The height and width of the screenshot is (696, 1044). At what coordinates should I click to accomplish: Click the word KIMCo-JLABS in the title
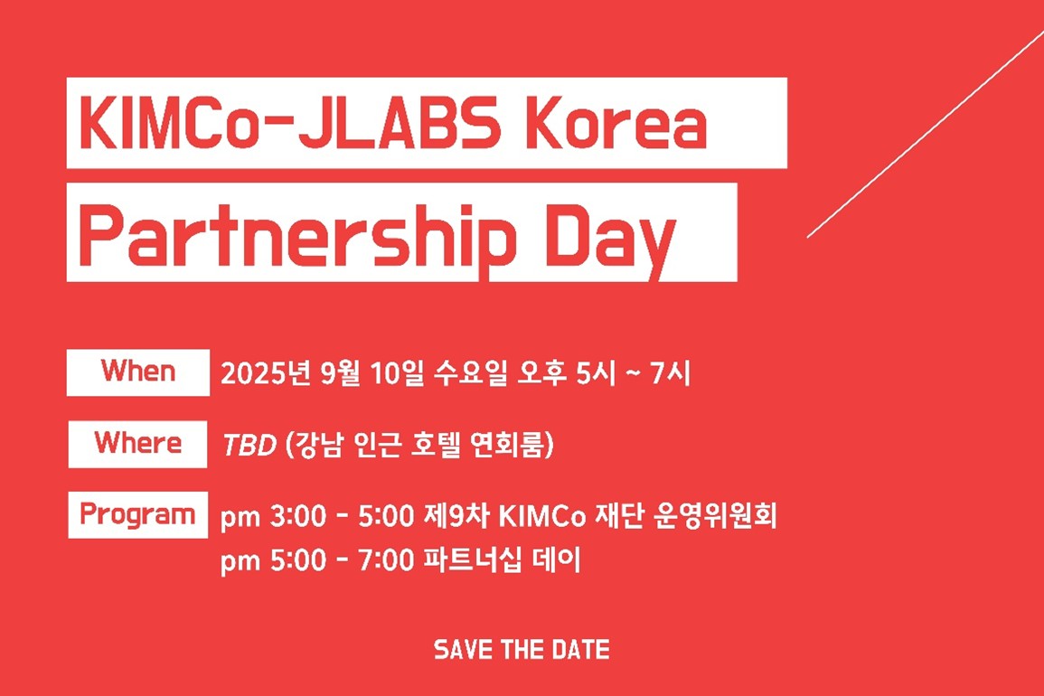pos(289,124)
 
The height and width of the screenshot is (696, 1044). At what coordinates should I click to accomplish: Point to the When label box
pos(137,372)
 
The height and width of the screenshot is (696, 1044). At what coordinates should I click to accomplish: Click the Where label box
pos(137,444)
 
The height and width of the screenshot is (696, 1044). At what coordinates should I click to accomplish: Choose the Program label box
pos(137,515)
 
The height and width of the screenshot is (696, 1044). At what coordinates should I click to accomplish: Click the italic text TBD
pos(249,445)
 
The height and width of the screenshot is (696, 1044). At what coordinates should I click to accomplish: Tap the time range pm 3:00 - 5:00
pos(317,516)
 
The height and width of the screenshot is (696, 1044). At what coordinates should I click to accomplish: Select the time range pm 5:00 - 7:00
pos(317,560)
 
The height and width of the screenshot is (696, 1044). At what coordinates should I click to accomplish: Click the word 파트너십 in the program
pos(472,560)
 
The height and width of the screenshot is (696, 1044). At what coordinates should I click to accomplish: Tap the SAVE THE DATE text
pos(522,649)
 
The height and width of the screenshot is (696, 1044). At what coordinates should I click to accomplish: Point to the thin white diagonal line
pos(926,133)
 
